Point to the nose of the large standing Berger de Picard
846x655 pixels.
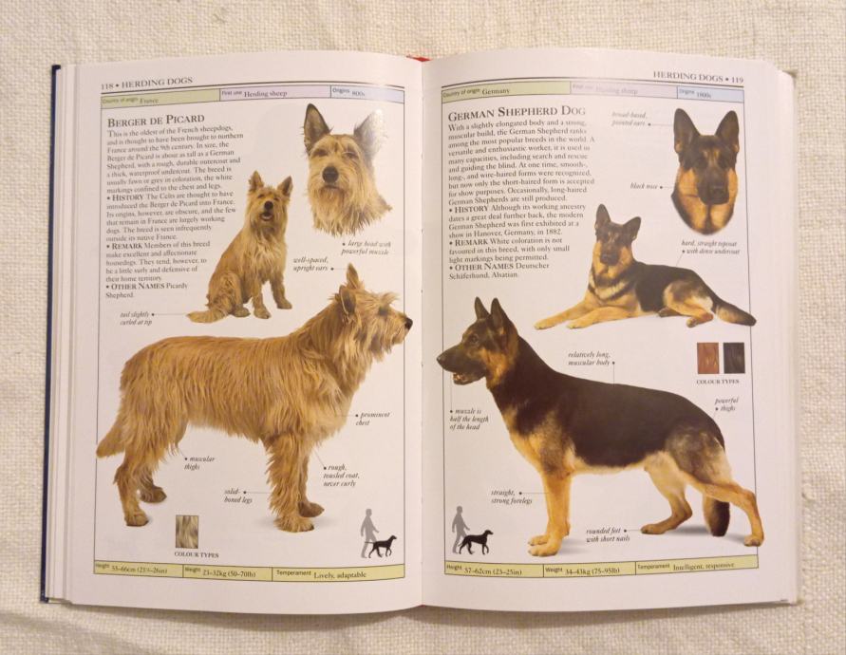(x=408, y=323)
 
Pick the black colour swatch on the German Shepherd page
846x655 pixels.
(x=734, y=358)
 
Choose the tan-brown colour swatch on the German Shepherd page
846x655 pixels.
(x=708, y=358)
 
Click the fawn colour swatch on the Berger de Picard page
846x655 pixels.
(x=187, y=532)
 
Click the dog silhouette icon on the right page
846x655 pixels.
(x=476, y=542)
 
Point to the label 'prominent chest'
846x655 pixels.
(x=375, y=419)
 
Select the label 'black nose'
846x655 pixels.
(x=645, y=186)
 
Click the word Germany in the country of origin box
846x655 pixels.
(x=496, y=91)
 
